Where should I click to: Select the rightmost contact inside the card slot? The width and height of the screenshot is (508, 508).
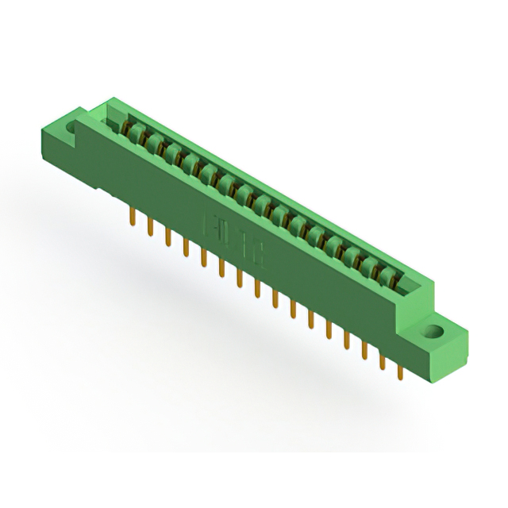[x=388, y=274]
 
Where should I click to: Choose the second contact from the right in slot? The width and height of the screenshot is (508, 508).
[x=370, y=264]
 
